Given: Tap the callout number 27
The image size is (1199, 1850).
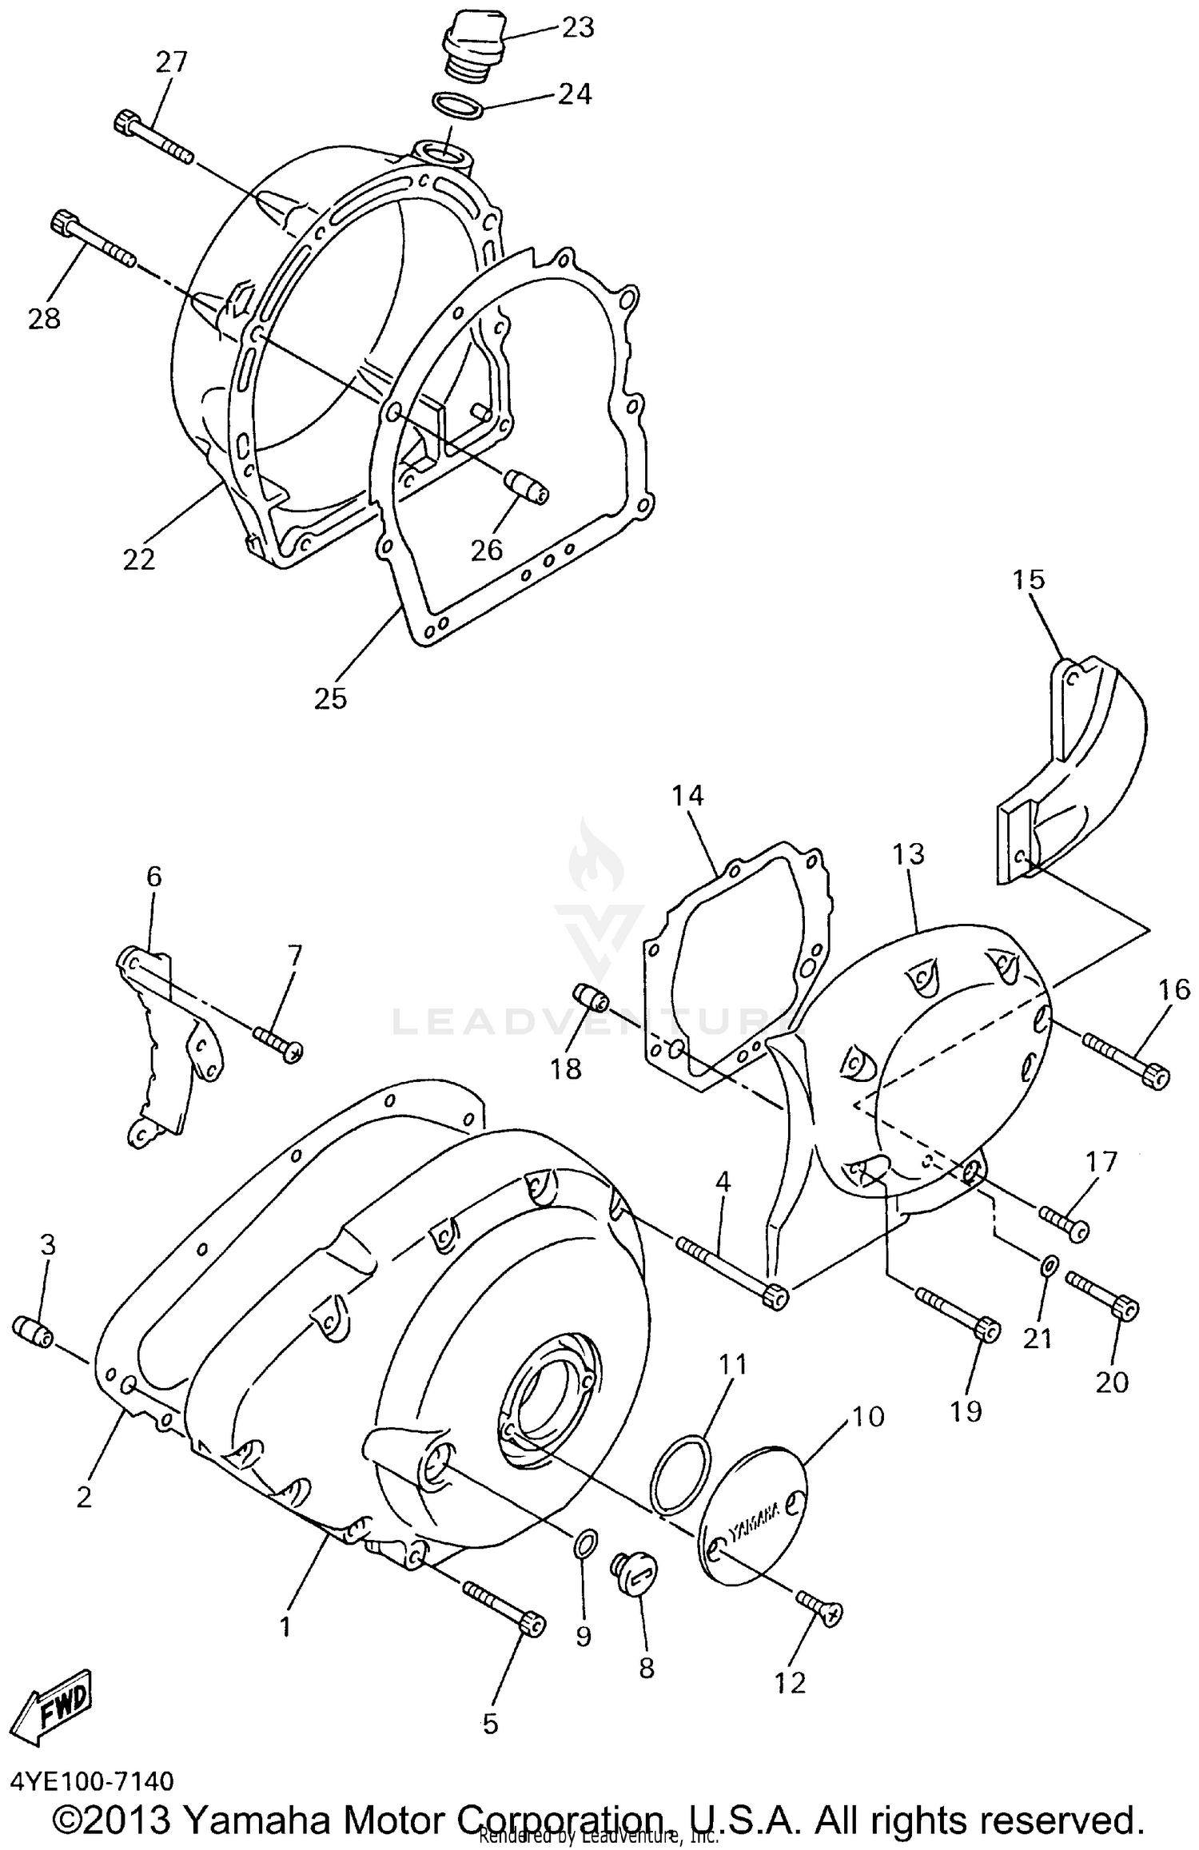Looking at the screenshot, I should click(x=171, y=62).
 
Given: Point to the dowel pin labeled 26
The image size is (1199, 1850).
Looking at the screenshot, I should click(x=526, y=487).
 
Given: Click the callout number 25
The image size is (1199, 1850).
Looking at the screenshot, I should click(x=330, y=698).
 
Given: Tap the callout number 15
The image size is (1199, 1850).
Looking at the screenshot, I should click(x=1029, y=579).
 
